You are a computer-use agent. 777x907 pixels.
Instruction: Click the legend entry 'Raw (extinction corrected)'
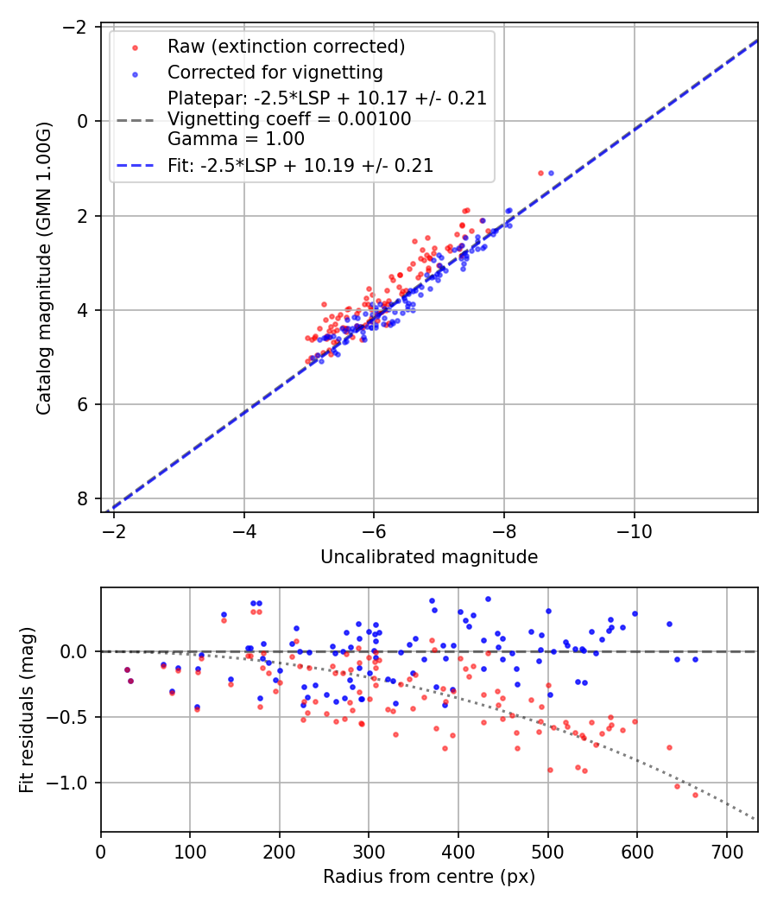point(286,47)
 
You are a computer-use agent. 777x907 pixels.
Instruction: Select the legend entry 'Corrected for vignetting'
point(275,72)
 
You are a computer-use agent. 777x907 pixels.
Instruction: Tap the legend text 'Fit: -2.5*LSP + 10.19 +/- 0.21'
point(300,165)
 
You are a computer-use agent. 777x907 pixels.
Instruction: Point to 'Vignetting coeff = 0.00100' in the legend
point(289,119)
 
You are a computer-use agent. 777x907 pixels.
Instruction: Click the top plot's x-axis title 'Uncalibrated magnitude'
point(429,557)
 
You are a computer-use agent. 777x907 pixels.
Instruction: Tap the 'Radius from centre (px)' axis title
point(429,877)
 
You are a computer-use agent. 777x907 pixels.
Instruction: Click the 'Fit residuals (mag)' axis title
point(27,709)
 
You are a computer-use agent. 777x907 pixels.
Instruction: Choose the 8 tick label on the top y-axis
point(83,498)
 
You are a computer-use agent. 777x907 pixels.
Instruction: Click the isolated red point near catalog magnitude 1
point(540,173)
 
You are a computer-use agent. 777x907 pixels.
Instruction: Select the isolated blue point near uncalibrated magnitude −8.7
point(551,173)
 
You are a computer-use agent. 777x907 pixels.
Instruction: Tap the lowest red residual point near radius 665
point(695,794)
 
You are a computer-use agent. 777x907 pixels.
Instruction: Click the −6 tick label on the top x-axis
point(374,530)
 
